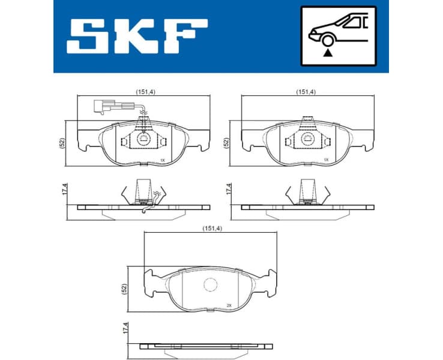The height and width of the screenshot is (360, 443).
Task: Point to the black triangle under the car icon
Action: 328,53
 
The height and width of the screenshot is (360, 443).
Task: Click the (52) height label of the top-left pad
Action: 61,143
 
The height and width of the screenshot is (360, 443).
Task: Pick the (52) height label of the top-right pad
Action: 226,143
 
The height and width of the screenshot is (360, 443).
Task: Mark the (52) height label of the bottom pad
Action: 124,287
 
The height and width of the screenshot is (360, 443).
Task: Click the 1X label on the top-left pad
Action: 162,160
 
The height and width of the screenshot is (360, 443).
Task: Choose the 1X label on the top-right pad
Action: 326,160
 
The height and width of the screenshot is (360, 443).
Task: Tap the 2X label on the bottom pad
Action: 229,305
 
